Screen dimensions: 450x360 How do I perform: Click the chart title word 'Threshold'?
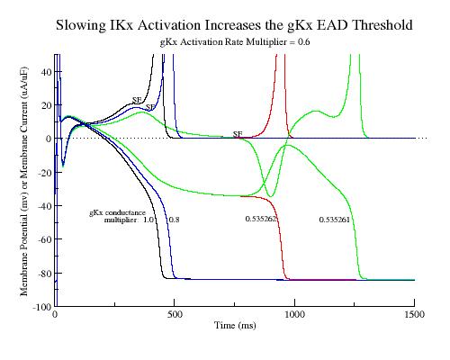[x=382, y=24]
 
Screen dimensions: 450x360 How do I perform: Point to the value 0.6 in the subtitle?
[x=303, y=42]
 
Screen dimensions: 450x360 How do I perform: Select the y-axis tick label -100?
[x=41, y=307]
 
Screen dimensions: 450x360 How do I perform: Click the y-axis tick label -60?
[x=44, y=239]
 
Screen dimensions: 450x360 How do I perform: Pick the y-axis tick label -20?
[x=44, y=172]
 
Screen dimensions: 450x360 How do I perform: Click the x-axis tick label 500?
[x=175, y=314]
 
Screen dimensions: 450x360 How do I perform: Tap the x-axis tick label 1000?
[x=294, y=314]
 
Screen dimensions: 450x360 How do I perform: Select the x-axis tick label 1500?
[x=414, y=314]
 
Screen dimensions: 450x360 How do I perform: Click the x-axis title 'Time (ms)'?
[x=235, y=325]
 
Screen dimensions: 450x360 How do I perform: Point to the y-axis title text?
[x=24, y=181]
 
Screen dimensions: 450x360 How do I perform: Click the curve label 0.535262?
[x=260, y=219]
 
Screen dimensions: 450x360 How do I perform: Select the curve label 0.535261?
[x=334, y=220]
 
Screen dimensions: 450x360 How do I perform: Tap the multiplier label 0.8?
[x=174, y=220]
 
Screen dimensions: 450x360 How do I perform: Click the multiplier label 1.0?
[x=148, y=220]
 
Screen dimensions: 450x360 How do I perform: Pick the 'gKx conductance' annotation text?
[x=117, y=213]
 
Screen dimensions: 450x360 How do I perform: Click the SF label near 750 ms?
[x=238, y=134]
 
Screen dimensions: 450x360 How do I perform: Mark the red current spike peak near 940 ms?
[x=280, y=55]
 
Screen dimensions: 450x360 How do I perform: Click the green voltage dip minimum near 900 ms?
[x=270, y=196]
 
